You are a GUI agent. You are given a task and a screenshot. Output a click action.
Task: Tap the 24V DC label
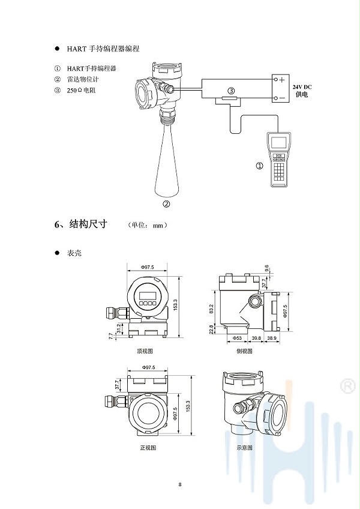click(302, 88)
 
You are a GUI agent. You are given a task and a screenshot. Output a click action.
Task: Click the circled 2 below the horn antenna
click(167, 203)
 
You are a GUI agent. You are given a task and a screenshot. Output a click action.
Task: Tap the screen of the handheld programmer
click(280, 143)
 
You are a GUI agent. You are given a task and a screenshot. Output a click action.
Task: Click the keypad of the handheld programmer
click(280, 169)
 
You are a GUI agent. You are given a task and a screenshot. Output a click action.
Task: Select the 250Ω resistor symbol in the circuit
click(231, 98)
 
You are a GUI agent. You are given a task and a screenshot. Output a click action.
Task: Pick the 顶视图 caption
click(146, 350)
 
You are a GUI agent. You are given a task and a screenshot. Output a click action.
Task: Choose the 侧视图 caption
click(244, 350)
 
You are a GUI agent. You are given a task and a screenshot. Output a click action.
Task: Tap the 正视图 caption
click(148, 448)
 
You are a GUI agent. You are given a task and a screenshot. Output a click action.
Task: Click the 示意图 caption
click(244, 448)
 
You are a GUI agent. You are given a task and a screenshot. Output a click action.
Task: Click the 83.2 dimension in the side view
click(212, 309)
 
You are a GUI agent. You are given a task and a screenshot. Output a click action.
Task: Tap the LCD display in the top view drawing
click(148, 294)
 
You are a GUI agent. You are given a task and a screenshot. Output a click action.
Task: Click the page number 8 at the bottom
click(180, 484)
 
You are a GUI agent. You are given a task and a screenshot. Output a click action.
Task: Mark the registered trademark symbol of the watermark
click(346, 385)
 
